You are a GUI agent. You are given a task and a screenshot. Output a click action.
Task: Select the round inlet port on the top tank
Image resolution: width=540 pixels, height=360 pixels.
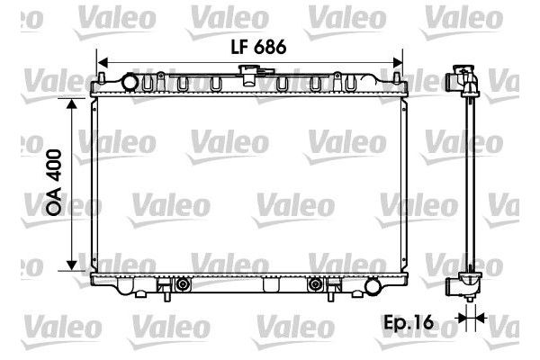coord(130,84)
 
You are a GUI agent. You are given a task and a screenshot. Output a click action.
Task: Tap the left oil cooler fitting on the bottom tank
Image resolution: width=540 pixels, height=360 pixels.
coord(184,285)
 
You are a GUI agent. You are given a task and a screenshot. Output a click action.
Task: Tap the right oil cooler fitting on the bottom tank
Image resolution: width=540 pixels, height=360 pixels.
coord(315,285)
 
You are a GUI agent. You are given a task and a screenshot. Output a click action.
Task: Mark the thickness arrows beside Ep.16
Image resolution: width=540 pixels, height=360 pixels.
coord(468,317)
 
